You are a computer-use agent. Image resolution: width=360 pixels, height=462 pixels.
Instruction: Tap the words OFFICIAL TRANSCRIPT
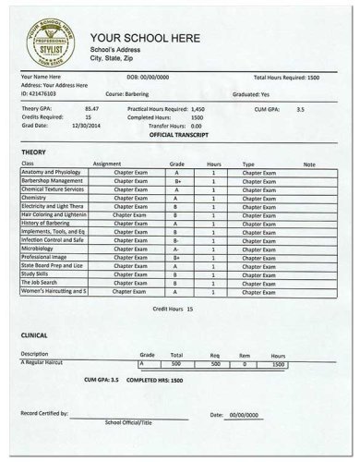[x=178, y=134]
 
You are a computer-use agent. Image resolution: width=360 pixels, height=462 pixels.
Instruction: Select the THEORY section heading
[x=33, y=150]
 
